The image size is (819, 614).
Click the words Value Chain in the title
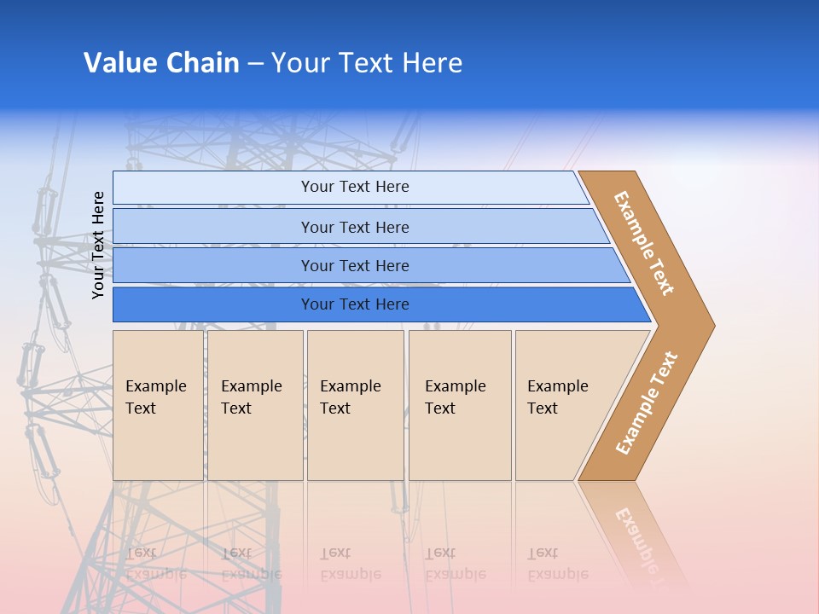(161, 63)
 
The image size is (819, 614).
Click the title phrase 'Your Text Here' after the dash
(367, 63)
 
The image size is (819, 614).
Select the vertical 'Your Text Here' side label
(98, 246)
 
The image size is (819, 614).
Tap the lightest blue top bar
(213, 188)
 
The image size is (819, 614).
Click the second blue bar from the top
(213, 227)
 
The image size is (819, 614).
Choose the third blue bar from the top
(213, 265)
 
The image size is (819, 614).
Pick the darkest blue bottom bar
(213, 304)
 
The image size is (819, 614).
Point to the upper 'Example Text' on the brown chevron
(644, 243)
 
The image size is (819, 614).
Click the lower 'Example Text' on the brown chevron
(647, 403)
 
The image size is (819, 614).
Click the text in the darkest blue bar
(355, 304)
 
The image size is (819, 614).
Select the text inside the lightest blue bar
(355, 187)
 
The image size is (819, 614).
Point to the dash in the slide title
(255, 64)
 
